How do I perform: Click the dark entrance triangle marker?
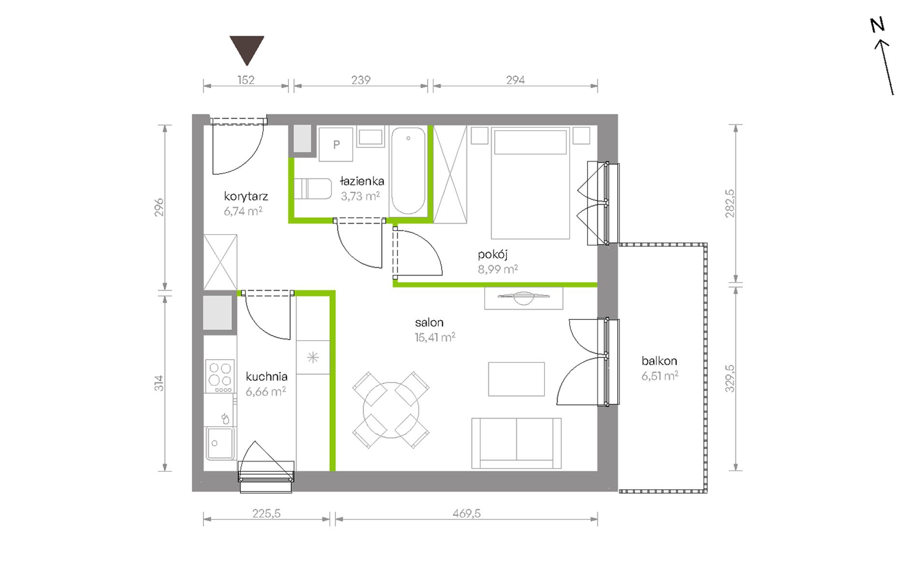(247, 49)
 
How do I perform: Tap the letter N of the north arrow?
(877, 25)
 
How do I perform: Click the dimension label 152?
(246, 80)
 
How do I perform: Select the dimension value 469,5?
(467, 513)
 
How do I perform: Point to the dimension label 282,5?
(730, 203)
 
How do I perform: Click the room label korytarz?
(246, 197)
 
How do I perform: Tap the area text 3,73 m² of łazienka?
(360, 196)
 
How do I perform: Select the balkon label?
(659, 361)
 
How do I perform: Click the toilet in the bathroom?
(313, 189)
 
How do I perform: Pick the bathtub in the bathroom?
(408, 170)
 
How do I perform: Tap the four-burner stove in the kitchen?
(220, 376)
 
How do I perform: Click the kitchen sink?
(220, 443)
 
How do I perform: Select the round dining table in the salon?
(391, 410)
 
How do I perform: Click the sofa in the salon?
(516, 443)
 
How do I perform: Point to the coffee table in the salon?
(516, 379)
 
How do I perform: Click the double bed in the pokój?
(531, 183)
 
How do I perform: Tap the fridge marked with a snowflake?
(313, 357)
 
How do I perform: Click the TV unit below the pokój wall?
(524, 298)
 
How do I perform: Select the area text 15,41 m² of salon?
(435, 337)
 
